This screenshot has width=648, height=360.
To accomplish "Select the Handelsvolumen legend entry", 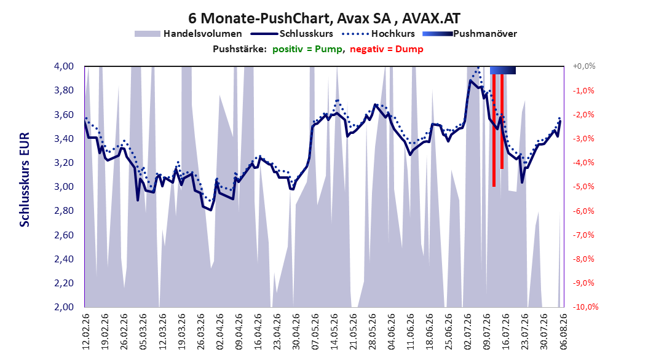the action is coord(188,34).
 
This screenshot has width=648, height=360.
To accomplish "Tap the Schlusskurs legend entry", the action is coord(292,34).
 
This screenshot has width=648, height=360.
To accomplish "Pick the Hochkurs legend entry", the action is coord(378,34).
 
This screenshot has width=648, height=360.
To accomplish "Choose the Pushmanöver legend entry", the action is coord(470,34).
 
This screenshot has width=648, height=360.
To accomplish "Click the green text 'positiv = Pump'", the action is coord(307,49).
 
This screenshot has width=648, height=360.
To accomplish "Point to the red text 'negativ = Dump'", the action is coord(387,49).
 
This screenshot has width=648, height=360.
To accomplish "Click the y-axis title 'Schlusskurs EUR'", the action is coord(25,179).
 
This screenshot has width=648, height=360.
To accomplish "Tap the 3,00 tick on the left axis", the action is coord(64,187).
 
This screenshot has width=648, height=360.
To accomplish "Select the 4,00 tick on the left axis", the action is coord(64,66).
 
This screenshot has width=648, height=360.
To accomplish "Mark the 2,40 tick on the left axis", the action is coord(64,259).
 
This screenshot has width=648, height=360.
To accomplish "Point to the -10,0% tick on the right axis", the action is coord(585,307).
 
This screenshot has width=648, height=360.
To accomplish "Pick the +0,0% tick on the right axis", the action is coord(584,66).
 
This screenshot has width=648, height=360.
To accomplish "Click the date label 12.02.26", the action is coord(86,332).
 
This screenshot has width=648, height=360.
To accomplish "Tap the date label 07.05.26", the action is coord(315,332).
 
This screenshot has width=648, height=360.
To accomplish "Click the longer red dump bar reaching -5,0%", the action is coord(494,130).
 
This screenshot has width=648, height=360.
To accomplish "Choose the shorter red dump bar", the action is coord(502,122).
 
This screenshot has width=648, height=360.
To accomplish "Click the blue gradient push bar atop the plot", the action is coord(503,70).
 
